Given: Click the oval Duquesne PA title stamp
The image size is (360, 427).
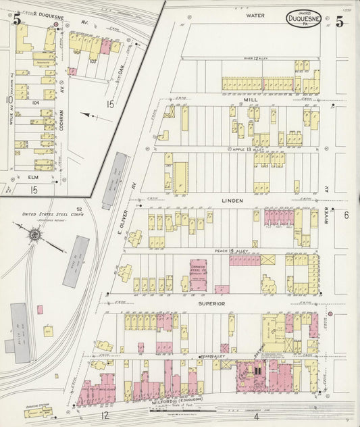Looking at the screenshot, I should click(x=303, y=21).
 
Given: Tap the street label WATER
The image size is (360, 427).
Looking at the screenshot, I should click(x=255, y=15).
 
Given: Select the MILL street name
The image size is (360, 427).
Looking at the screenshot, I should click(x=251, y=99).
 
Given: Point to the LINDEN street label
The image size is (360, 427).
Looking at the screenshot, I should click(x=232, y=201).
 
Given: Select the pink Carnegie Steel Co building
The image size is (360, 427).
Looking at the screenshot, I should click(x=198, y=275).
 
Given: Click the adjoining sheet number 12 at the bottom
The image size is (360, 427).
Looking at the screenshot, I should click(x=105, y=416).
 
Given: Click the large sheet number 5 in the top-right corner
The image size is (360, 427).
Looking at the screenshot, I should click(x=339, y=22).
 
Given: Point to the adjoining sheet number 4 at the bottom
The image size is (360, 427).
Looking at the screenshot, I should click(x=256, y=416).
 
